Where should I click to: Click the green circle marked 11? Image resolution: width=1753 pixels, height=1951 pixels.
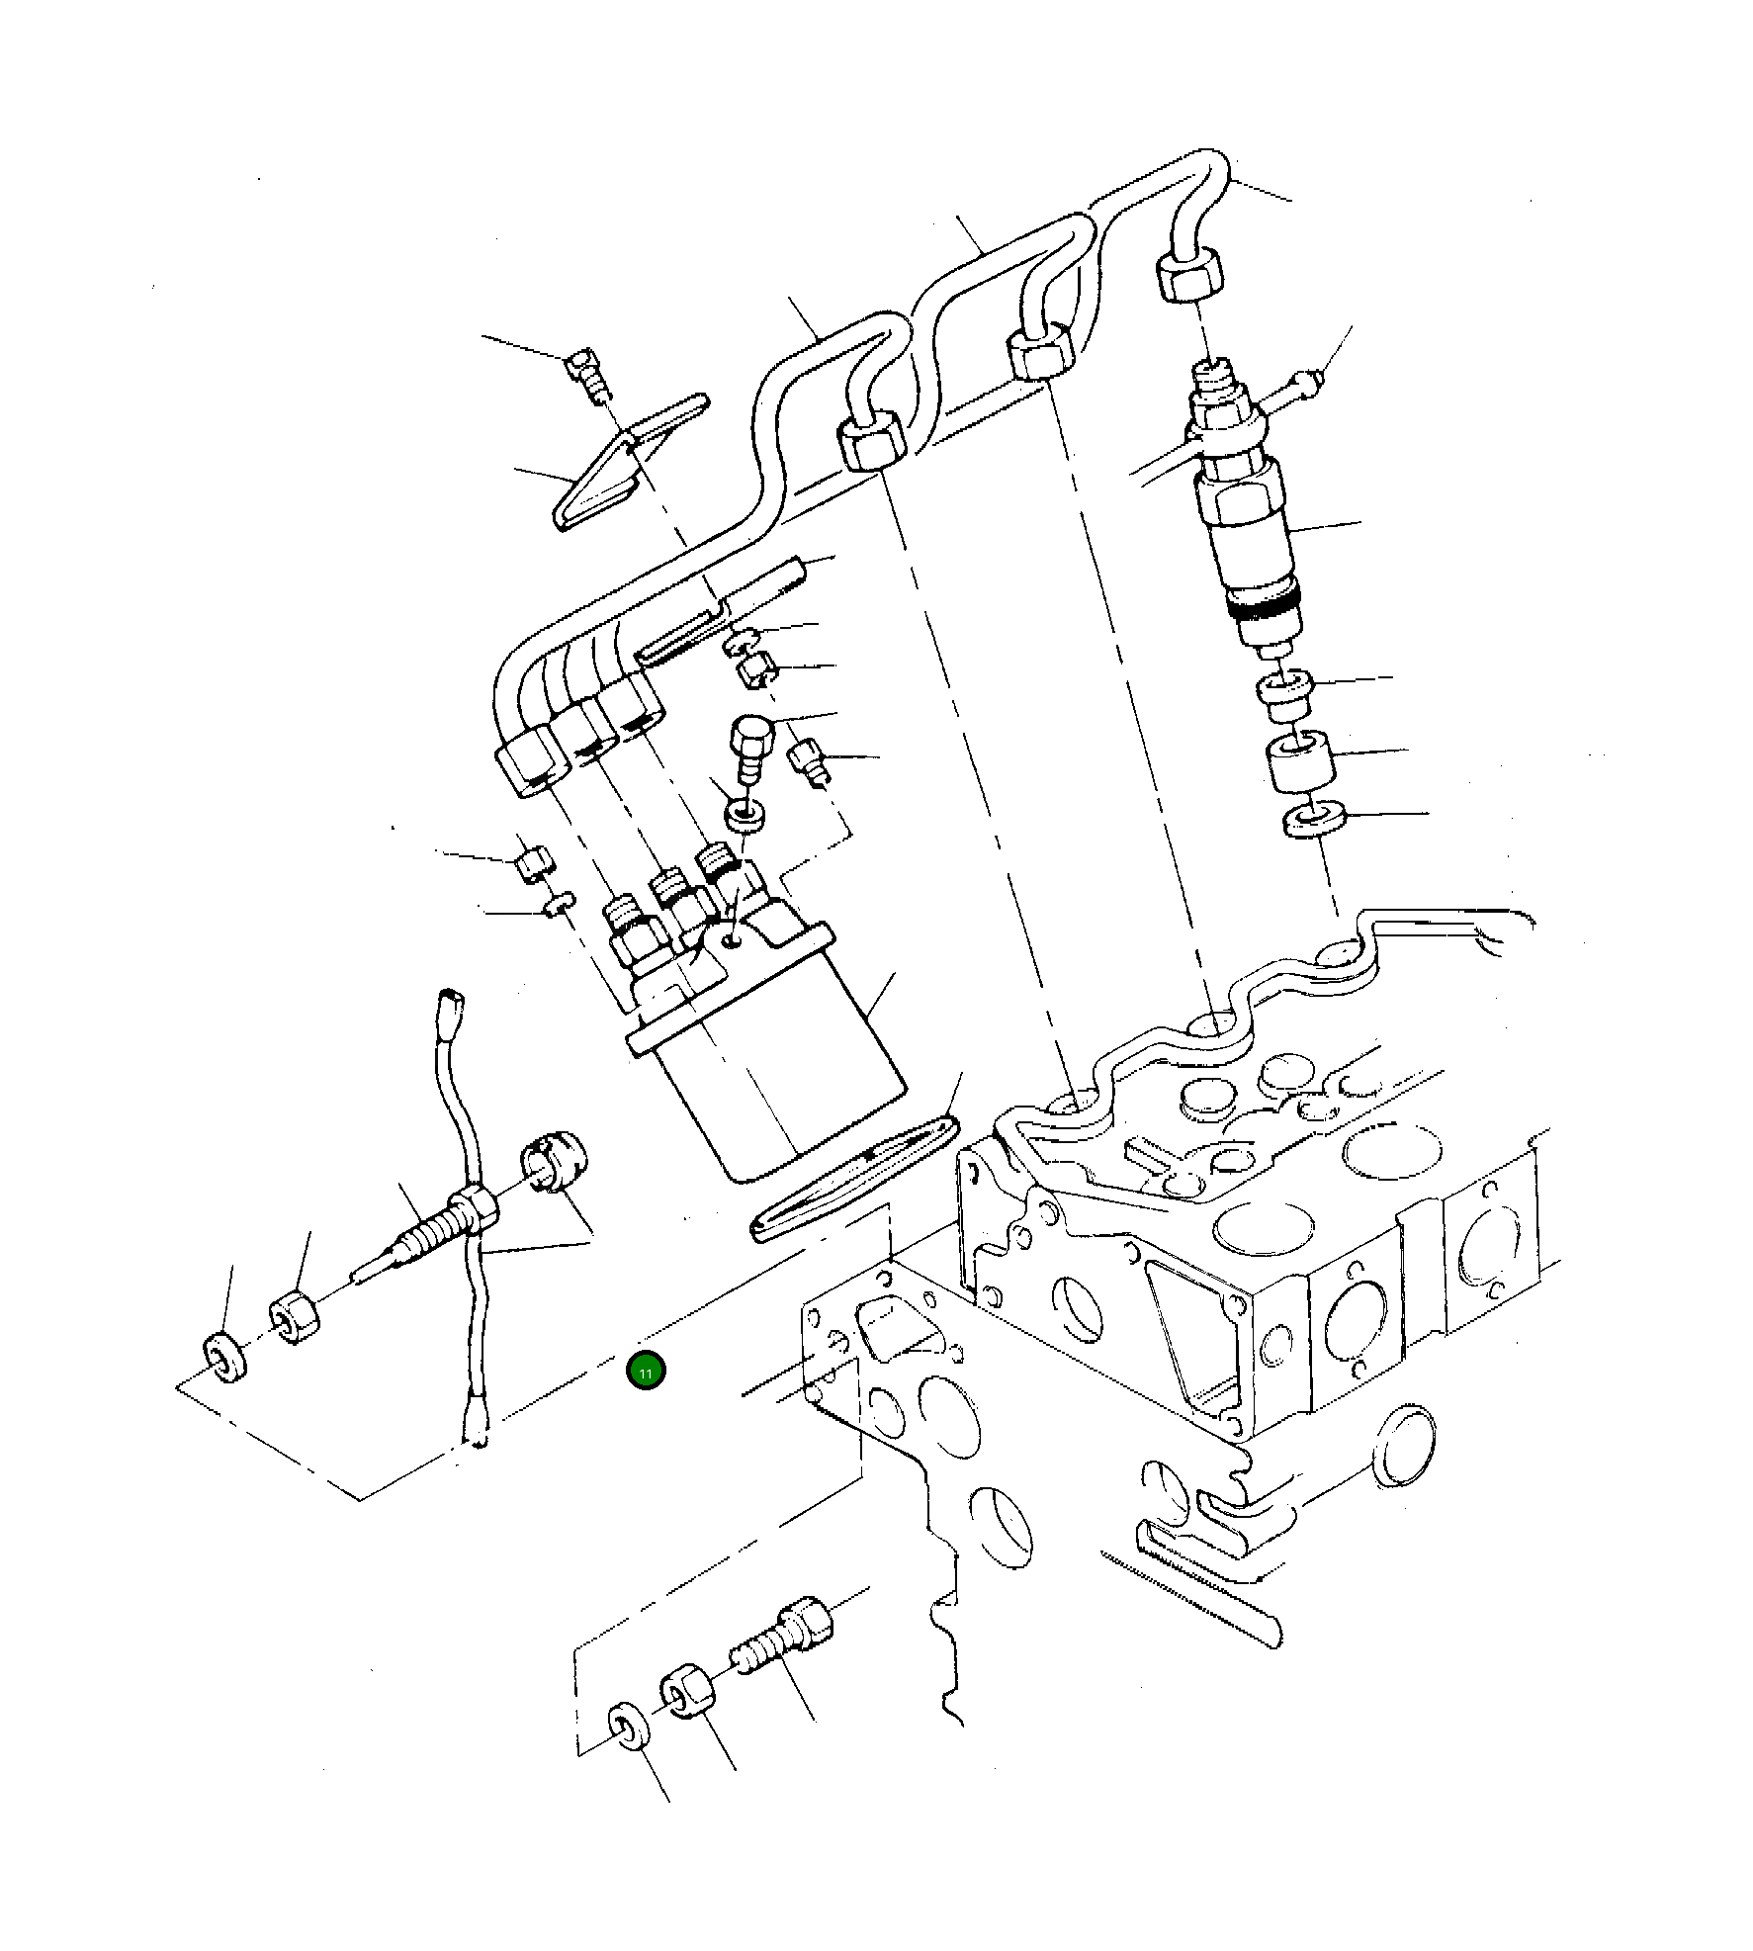(x=646, y=1372)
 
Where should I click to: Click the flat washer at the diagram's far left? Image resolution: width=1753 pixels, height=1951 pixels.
(x=224, y=1357)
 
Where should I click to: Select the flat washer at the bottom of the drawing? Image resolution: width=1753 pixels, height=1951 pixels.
(x=629, y=1753)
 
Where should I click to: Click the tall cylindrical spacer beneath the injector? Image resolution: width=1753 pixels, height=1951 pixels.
(x=1299, y=760)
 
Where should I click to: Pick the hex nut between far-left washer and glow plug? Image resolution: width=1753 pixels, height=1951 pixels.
(x=294, y=1316)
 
